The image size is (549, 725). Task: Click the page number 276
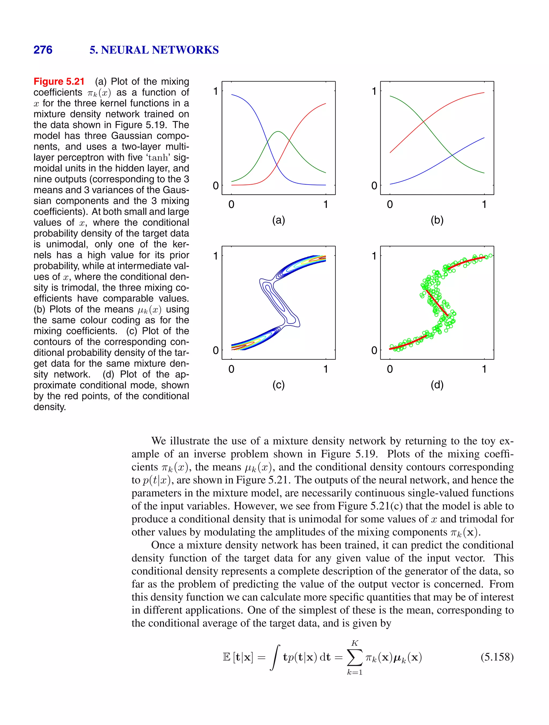pos(43,50)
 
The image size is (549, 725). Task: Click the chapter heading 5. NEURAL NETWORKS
pos(154,50)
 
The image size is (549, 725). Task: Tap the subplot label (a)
pos(279,220)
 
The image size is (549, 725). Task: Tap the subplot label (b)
pos(437,220)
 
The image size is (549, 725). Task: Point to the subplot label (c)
pos(279,384)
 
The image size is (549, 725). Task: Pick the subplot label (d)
pos(437,384)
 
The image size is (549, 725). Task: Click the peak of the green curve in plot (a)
pos(278,132)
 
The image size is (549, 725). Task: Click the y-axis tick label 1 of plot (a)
pos(216,91)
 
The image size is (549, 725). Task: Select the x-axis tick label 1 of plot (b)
pos(484,204)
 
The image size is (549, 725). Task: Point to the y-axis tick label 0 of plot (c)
pos(216,350)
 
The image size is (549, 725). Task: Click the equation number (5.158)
pos(497,657)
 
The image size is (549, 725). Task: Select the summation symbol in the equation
pos(355,657)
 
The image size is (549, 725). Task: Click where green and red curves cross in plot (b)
pos(423,122)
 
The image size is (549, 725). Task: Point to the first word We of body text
pos(159,441)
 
